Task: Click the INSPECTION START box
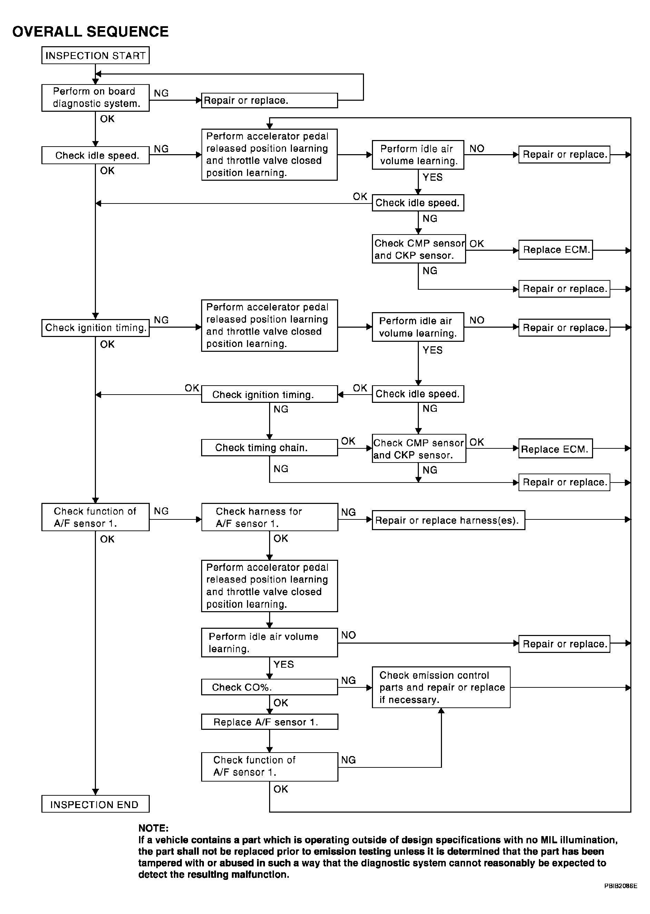point(95,55)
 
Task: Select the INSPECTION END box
point(95,804)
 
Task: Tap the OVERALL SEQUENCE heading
point(90,32)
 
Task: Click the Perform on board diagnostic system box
point(95,98)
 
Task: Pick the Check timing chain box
point(269,447)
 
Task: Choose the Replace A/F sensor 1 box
point(269,722)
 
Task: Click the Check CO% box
point(269,687)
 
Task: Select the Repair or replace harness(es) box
point(448,520)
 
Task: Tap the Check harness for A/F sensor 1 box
point(269,517)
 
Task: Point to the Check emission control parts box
point(441,687)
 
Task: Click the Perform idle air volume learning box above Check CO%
point(269,642)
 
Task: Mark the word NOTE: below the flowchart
point(153,828)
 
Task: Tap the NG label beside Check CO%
point(348,680)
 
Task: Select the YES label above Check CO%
point(283,664)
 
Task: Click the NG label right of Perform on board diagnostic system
point(161,93)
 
